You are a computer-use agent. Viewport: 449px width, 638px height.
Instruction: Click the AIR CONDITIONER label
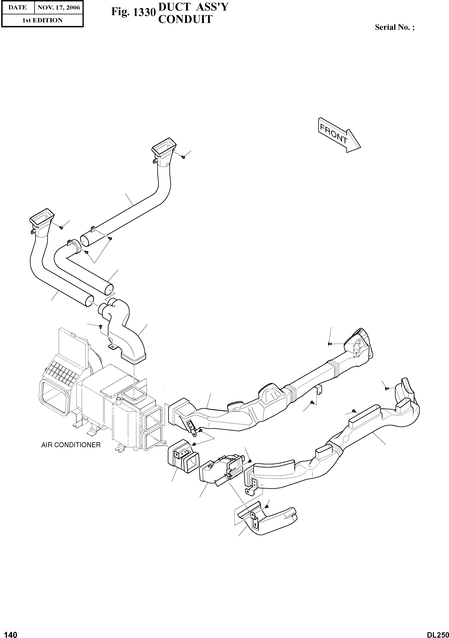click(71, 445)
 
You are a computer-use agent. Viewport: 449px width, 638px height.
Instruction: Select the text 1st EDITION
click(42, 20)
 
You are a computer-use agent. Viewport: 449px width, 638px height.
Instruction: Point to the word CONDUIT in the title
click(185, 19)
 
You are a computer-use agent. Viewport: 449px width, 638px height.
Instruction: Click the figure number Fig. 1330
click(133, 12)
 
